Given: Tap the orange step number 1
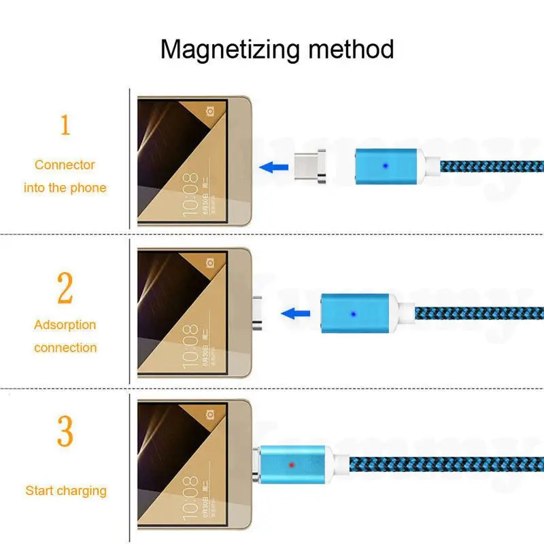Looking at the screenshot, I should [65, 125].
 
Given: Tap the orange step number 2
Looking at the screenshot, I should [65, 288].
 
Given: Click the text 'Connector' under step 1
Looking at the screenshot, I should [65, 165].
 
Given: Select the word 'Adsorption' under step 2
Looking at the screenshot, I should [65, 325].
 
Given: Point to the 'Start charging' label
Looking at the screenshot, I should [66, 490].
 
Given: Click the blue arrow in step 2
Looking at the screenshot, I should [293, 313].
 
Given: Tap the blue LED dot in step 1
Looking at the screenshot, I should [386, 165].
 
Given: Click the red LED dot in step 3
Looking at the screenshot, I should [291, 465].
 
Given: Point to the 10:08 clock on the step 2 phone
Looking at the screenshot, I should [191, 337].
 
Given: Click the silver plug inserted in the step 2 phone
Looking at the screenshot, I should [259, 313].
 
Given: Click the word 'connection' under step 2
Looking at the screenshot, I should [65, 347].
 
